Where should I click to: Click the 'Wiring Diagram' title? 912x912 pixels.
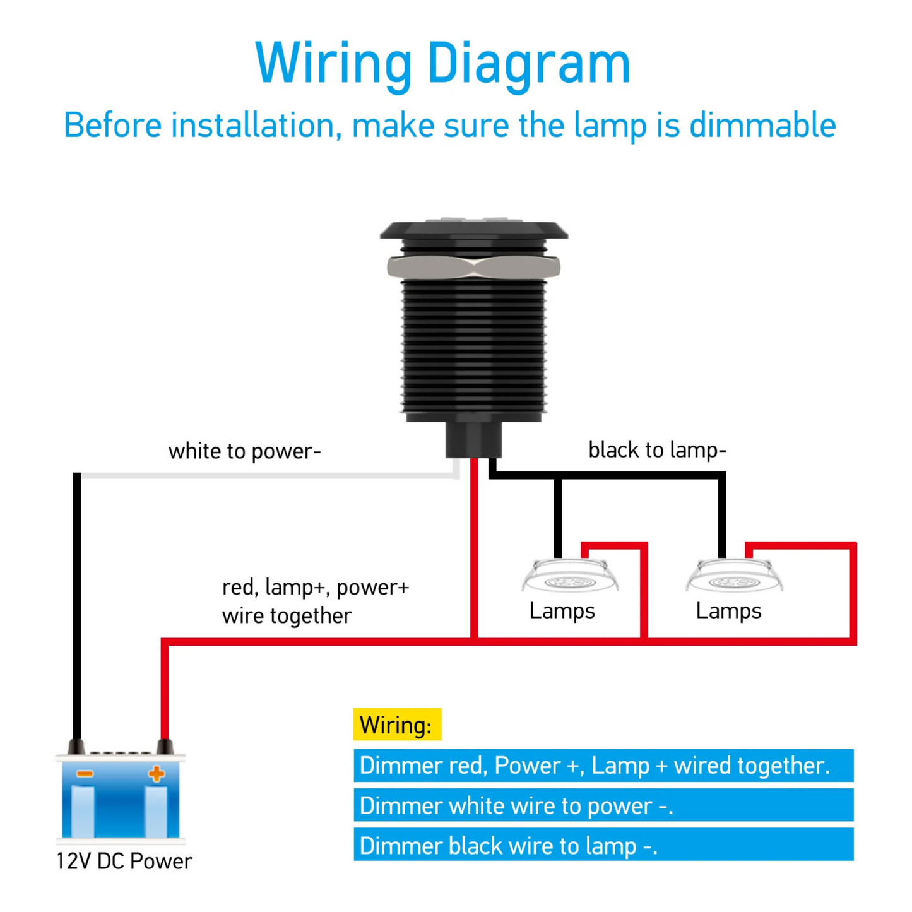click(x=442, y=63)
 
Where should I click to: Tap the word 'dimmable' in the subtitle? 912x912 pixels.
click(x=762, y=125)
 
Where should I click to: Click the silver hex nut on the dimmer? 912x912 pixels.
click(x=473, y=267)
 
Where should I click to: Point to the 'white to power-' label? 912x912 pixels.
click(x=245, y=451)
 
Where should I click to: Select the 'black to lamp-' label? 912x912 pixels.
click(x=657, y=450)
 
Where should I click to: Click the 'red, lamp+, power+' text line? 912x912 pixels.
click(x=316, y=587)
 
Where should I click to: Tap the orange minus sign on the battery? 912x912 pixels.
click(x=85, y=774)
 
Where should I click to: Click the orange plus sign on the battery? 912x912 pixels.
click(x=156, y=774)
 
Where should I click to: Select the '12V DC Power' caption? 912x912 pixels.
click(x=124, y=862)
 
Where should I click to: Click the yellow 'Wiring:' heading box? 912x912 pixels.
click(x=397, y=725)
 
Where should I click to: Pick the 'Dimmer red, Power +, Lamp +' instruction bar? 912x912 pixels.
click(x=603, y=766)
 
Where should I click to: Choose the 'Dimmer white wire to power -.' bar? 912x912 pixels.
click(x=603, y=805)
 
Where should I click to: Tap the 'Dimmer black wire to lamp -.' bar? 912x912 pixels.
click(x=603, y=845)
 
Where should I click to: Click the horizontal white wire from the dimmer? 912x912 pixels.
click(x=265, y=475)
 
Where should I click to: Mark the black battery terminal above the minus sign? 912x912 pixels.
click(x=76, y=747)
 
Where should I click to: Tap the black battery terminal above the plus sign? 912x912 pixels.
click(x=165, y=747)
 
